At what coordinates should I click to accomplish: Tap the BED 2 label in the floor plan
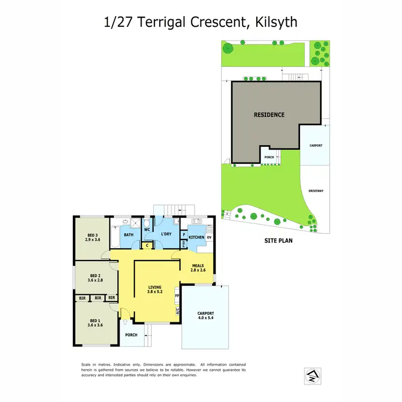[x=95, y=277]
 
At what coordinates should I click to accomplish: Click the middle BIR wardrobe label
[x=98, y=297]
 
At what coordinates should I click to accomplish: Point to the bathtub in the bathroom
[x=116, y=234]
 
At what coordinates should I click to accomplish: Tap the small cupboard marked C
[x=147, y=245]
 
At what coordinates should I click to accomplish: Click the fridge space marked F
[x=184, y=234]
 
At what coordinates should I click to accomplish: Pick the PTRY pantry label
[x=184, y=244]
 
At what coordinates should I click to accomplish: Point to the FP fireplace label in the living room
[x=176, y=295]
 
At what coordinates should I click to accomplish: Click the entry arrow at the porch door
[x=124, y=322]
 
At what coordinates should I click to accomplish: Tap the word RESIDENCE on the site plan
[x=269, y=115]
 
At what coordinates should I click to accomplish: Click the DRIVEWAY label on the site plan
[x=315, y=190]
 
